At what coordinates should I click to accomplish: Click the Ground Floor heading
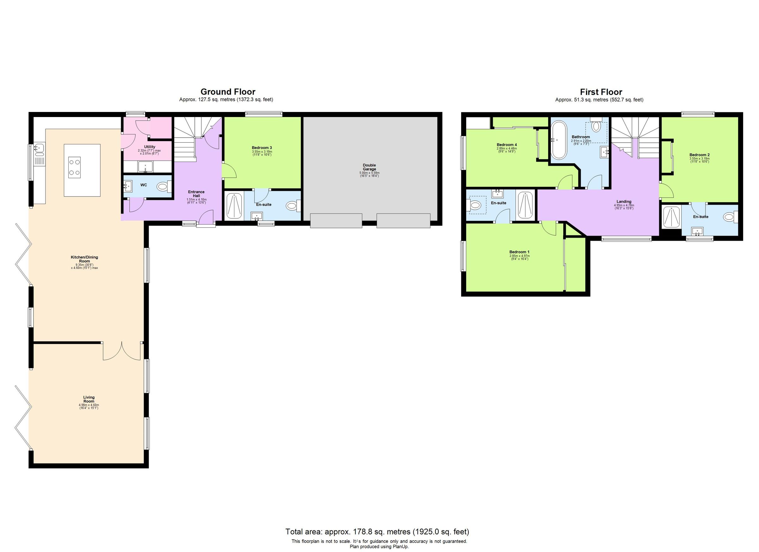[x=228, y=92]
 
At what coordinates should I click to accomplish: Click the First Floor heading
[x=601, y=92]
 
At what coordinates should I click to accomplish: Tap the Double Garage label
[x=369, y=167]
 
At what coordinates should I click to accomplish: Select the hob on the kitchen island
[x=74, y=167]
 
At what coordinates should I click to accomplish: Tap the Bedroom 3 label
[x=262, y=148]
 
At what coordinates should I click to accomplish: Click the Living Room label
[x=89, y=399]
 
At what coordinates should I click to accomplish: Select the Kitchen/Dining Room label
[x=84, y=259]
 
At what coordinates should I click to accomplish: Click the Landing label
[x=624, y=202]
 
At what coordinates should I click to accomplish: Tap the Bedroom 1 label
[x=519, y=252]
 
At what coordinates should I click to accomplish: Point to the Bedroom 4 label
[x=507, y=145]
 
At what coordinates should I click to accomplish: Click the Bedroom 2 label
[x=699, y=155]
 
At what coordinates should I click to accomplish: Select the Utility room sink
[x=145, y=166]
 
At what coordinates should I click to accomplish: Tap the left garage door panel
[x=336, y=221]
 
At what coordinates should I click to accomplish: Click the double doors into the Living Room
[x=122, y=351]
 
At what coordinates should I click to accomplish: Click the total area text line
[x=377, y=531]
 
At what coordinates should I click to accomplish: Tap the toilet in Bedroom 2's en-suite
[x=729, y=217]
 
